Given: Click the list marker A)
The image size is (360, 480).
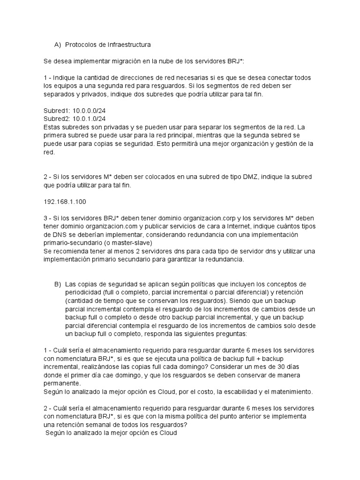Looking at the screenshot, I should pos(58,45).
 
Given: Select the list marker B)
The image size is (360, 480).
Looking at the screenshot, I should pos(58,284).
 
